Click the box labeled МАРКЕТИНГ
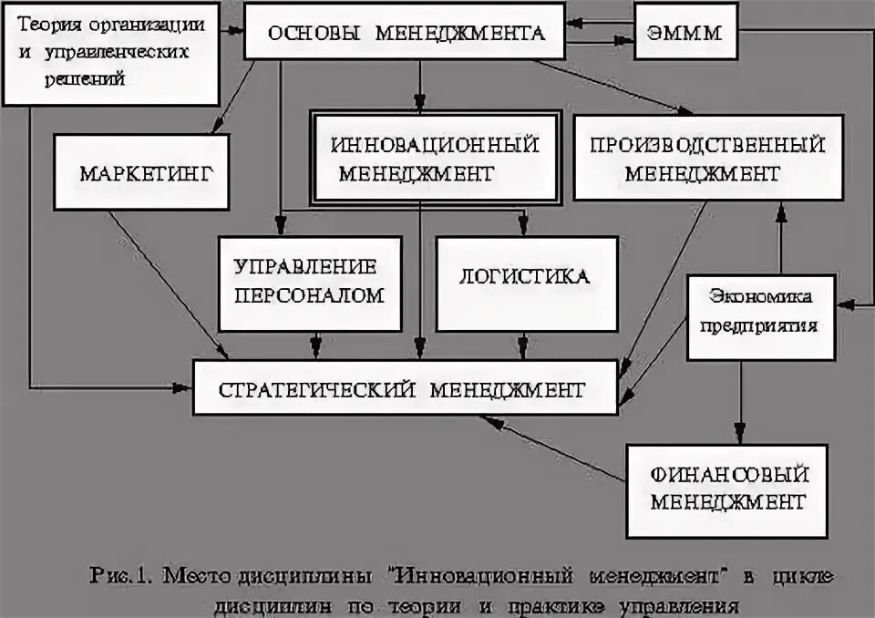tap(139, 173)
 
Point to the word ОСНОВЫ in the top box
tap(304, 35)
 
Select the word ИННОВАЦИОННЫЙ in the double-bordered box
tap(435, 145)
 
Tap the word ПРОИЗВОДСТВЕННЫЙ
tap(707, 145)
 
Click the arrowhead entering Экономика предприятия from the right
tap(845, 299)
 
